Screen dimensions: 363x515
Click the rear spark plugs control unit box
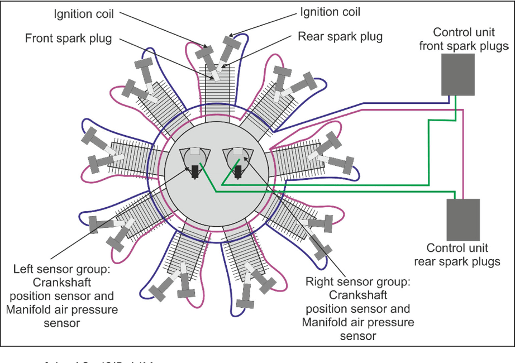pos(462,219)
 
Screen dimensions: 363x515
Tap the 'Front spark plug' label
pos(69,39)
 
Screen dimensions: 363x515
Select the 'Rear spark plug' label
pos(340,37)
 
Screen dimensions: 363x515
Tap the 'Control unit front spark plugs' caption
pos(462,39)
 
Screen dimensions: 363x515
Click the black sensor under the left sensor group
pos(195,171)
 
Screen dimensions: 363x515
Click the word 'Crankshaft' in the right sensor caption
pos(358,295)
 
